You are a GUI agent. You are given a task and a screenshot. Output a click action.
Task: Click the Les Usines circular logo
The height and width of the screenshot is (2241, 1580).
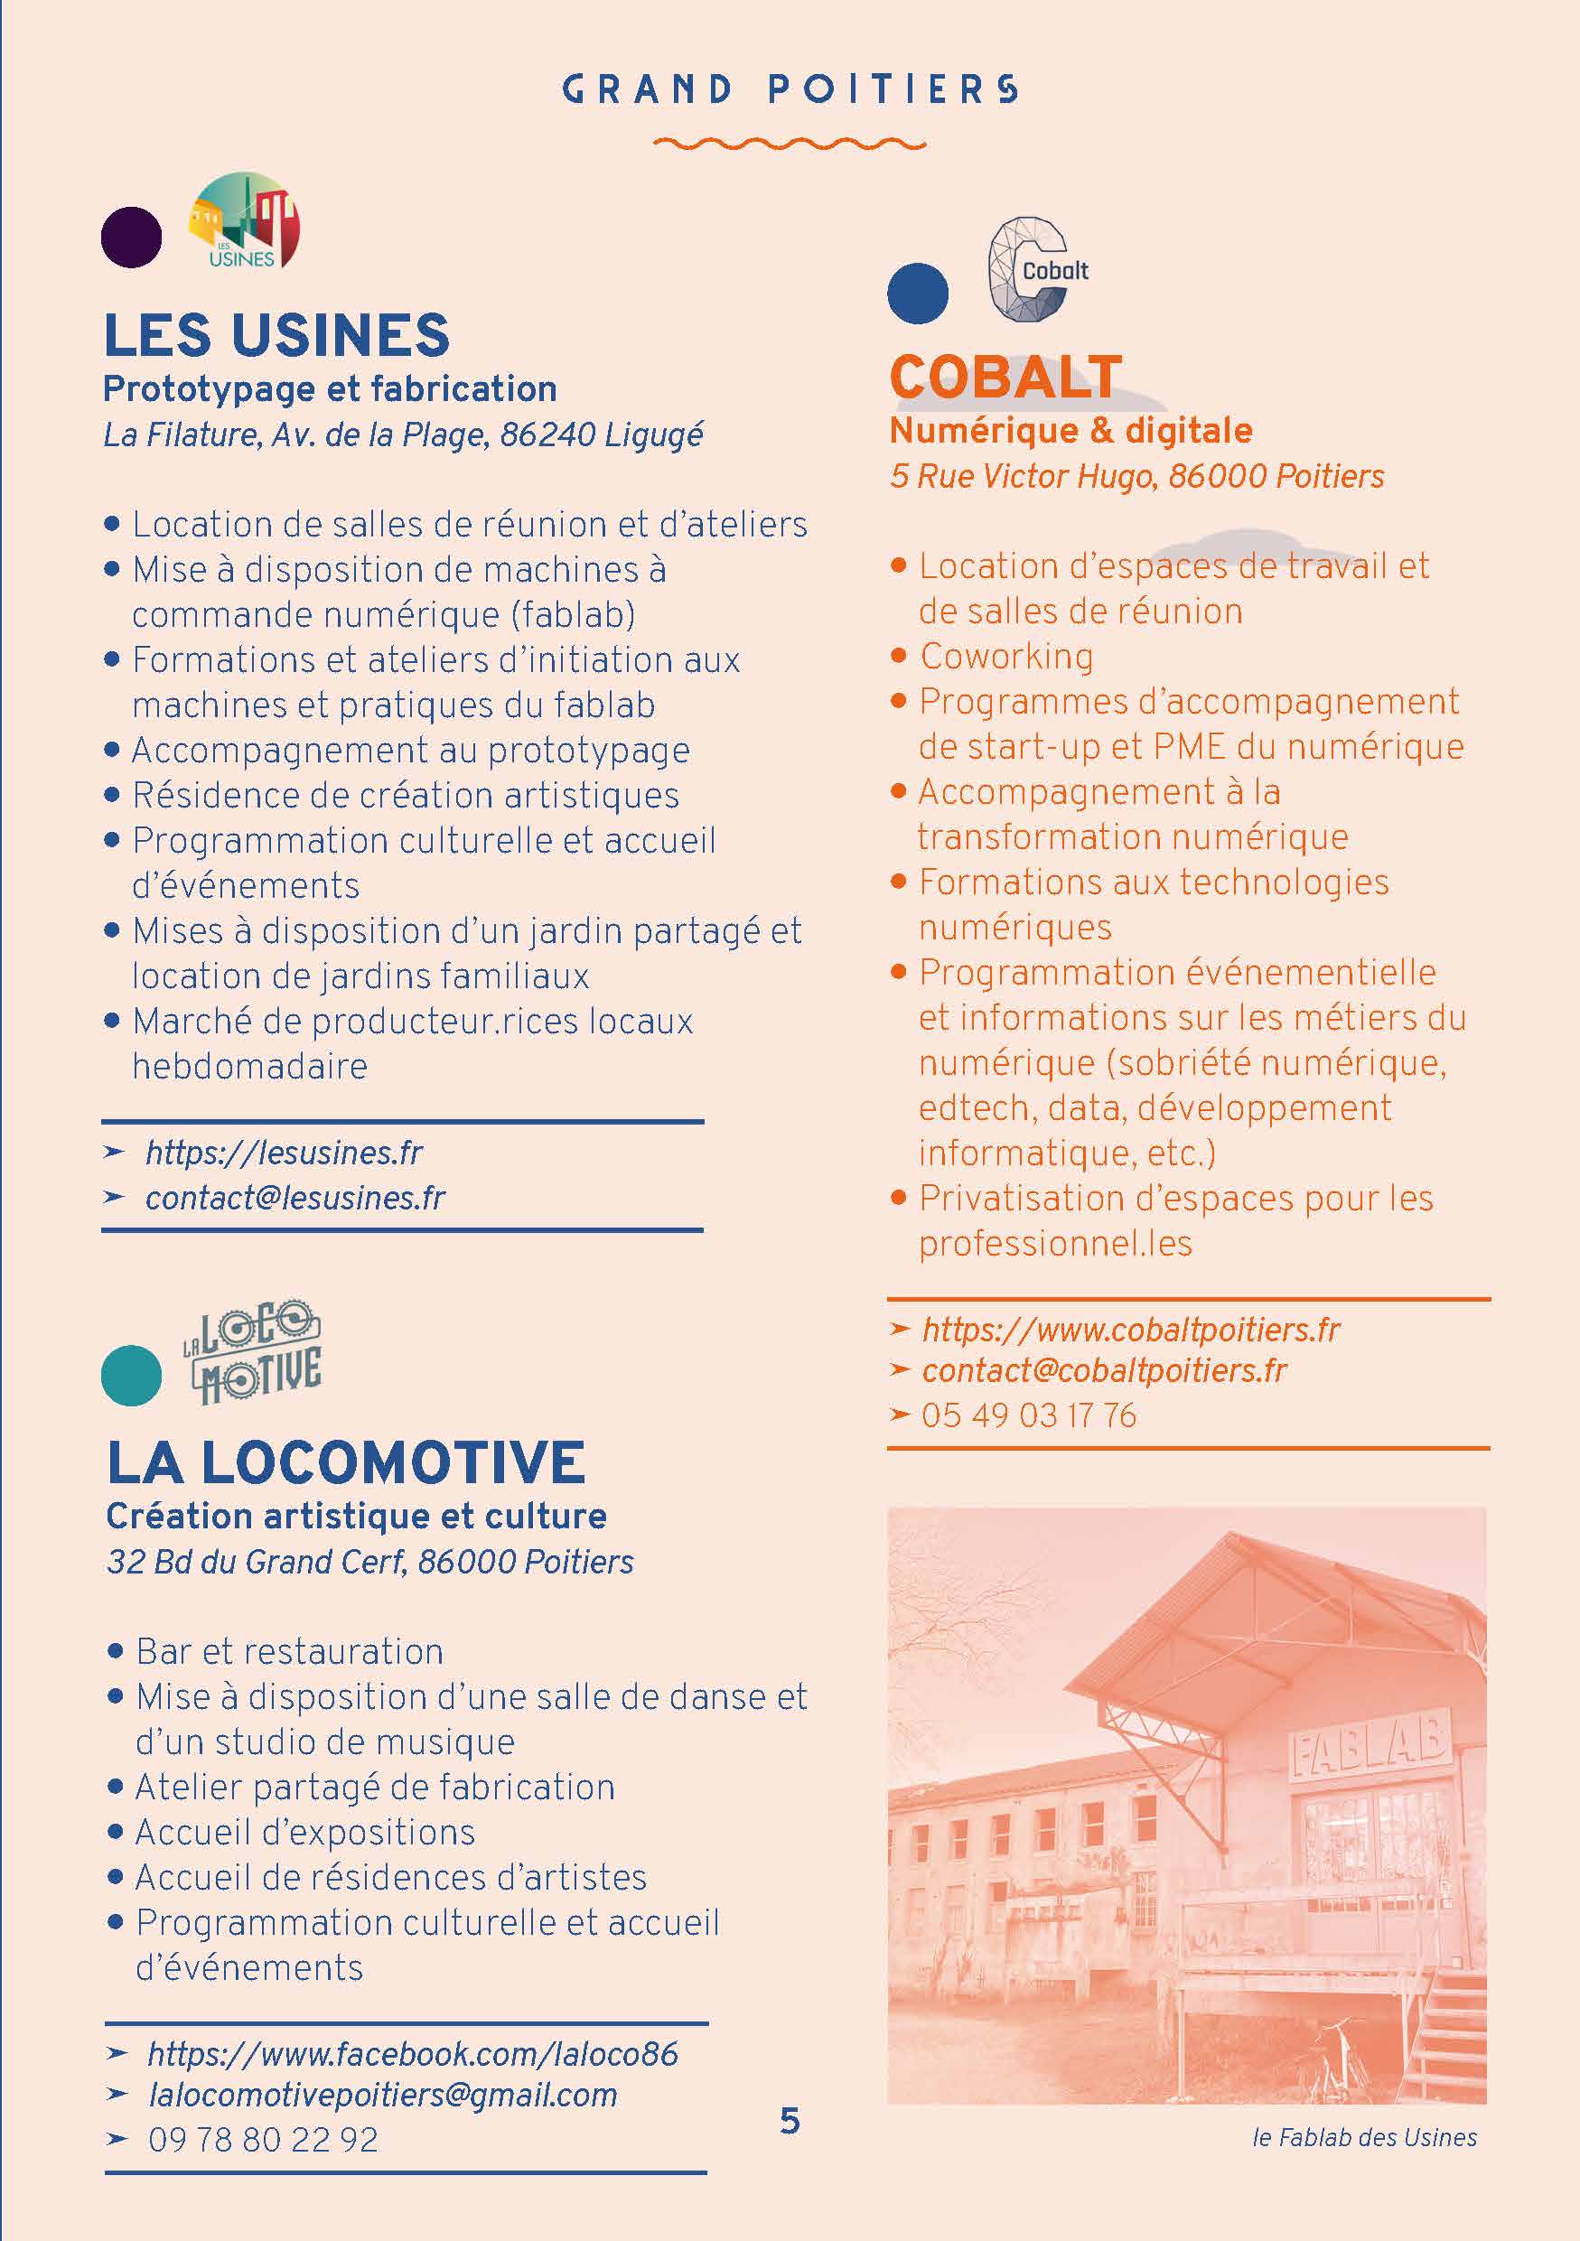[245, 220]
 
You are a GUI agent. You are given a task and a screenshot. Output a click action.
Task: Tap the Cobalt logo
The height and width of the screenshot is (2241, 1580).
[1034, 269]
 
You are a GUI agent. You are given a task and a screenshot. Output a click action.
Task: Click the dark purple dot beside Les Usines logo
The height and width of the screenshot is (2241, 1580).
[132, 238]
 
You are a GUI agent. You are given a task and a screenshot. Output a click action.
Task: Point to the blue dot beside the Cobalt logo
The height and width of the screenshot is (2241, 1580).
[917, 293]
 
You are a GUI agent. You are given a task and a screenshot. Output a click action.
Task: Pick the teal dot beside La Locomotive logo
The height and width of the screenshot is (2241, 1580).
[132, 1376]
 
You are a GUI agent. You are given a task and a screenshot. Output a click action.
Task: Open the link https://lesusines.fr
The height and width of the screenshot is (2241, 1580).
[284, 1153]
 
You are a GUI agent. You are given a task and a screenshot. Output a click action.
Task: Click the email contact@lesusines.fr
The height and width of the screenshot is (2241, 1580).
[294, 1198]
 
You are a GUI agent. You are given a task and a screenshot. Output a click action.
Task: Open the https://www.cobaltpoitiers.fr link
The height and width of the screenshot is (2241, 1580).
[1131, 1330]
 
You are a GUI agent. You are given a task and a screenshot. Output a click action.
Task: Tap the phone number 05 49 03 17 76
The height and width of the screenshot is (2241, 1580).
[1029, 1415]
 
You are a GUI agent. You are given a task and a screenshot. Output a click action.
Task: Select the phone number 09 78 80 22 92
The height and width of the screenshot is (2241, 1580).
[263, 2140]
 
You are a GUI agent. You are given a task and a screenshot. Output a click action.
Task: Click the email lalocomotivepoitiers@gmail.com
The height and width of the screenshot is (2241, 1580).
[382, 2095]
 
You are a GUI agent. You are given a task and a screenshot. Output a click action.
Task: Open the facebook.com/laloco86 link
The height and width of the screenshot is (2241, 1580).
[412, 2054]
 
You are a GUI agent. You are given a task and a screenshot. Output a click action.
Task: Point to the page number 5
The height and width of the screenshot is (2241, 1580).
[790, 2121]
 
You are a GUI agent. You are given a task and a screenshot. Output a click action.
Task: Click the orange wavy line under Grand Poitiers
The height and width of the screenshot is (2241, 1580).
[789, 145]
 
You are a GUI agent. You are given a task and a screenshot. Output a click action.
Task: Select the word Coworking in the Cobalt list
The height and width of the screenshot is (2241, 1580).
[1006, 656]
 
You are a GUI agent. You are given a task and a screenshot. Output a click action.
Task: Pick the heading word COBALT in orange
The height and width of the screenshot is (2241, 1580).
[1006, 377]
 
